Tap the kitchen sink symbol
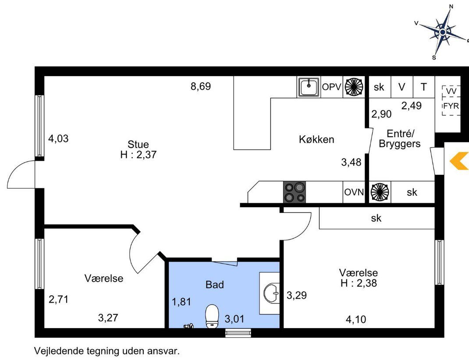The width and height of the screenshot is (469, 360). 309,87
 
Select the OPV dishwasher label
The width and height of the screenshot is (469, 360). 331,87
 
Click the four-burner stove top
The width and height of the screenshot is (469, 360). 295,192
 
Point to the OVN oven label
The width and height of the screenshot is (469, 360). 354,192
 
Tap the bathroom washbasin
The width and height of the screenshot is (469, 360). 271,293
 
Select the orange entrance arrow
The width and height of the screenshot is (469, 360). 459,161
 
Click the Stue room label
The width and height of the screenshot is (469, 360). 138,144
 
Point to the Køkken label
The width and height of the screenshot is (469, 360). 316,139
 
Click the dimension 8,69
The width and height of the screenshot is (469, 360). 201,86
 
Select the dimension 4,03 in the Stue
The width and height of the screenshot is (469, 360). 58,139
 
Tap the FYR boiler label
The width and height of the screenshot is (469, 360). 451,106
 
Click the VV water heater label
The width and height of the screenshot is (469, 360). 451,91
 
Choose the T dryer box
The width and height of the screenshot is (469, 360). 424,87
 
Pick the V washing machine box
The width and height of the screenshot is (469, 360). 402,87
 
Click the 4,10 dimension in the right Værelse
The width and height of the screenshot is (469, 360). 356,319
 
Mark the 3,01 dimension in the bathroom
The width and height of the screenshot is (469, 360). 234,319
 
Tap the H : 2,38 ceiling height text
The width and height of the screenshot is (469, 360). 359,282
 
